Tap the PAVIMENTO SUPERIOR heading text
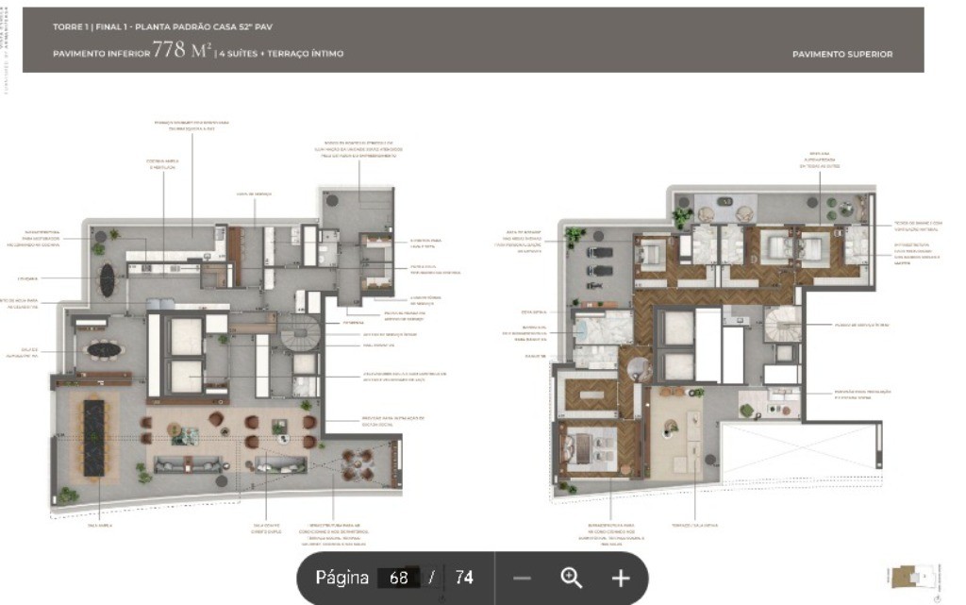(x=842, y=55)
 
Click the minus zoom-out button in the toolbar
(x=522, y=579)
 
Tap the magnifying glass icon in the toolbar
(x=571, y=579)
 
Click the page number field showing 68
(x=398, y=579)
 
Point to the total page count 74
(x=463, y=579)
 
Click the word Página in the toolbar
(x=341, y=579)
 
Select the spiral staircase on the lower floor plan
(x=304, y=336)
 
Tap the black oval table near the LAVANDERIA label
(x=108, y=278)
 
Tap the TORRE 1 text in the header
(x=71, y=27)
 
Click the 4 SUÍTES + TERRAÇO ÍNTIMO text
(x=281, y=55)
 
